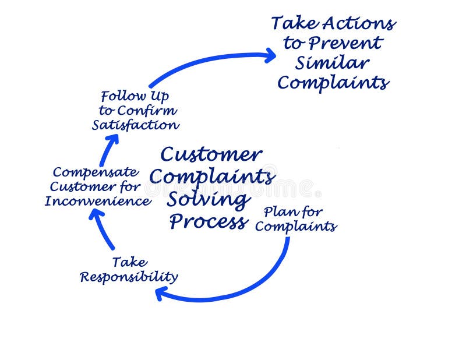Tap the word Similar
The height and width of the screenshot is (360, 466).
tap(333, 62)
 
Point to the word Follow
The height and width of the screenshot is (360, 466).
tap(120, 96)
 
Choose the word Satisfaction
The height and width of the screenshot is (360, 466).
tap(135, 125)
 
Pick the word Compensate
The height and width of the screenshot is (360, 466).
tap(95, 172)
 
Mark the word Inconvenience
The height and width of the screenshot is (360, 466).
tap(98, 202)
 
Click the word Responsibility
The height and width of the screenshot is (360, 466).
tap(129, 277)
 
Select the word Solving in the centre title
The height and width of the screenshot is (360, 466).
tap(207, 200)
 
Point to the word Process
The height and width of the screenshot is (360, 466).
tap(208, 222)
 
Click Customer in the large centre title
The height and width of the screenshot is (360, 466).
tap(211, 154)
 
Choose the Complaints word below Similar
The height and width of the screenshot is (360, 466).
tap(333, 82)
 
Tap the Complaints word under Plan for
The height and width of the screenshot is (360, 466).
tap(295, 226)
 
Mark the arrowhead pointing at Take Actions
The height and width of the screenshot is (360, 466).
tap(269, 55)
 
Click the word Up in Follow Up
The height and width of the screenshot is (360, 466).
tap(159, 96)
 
